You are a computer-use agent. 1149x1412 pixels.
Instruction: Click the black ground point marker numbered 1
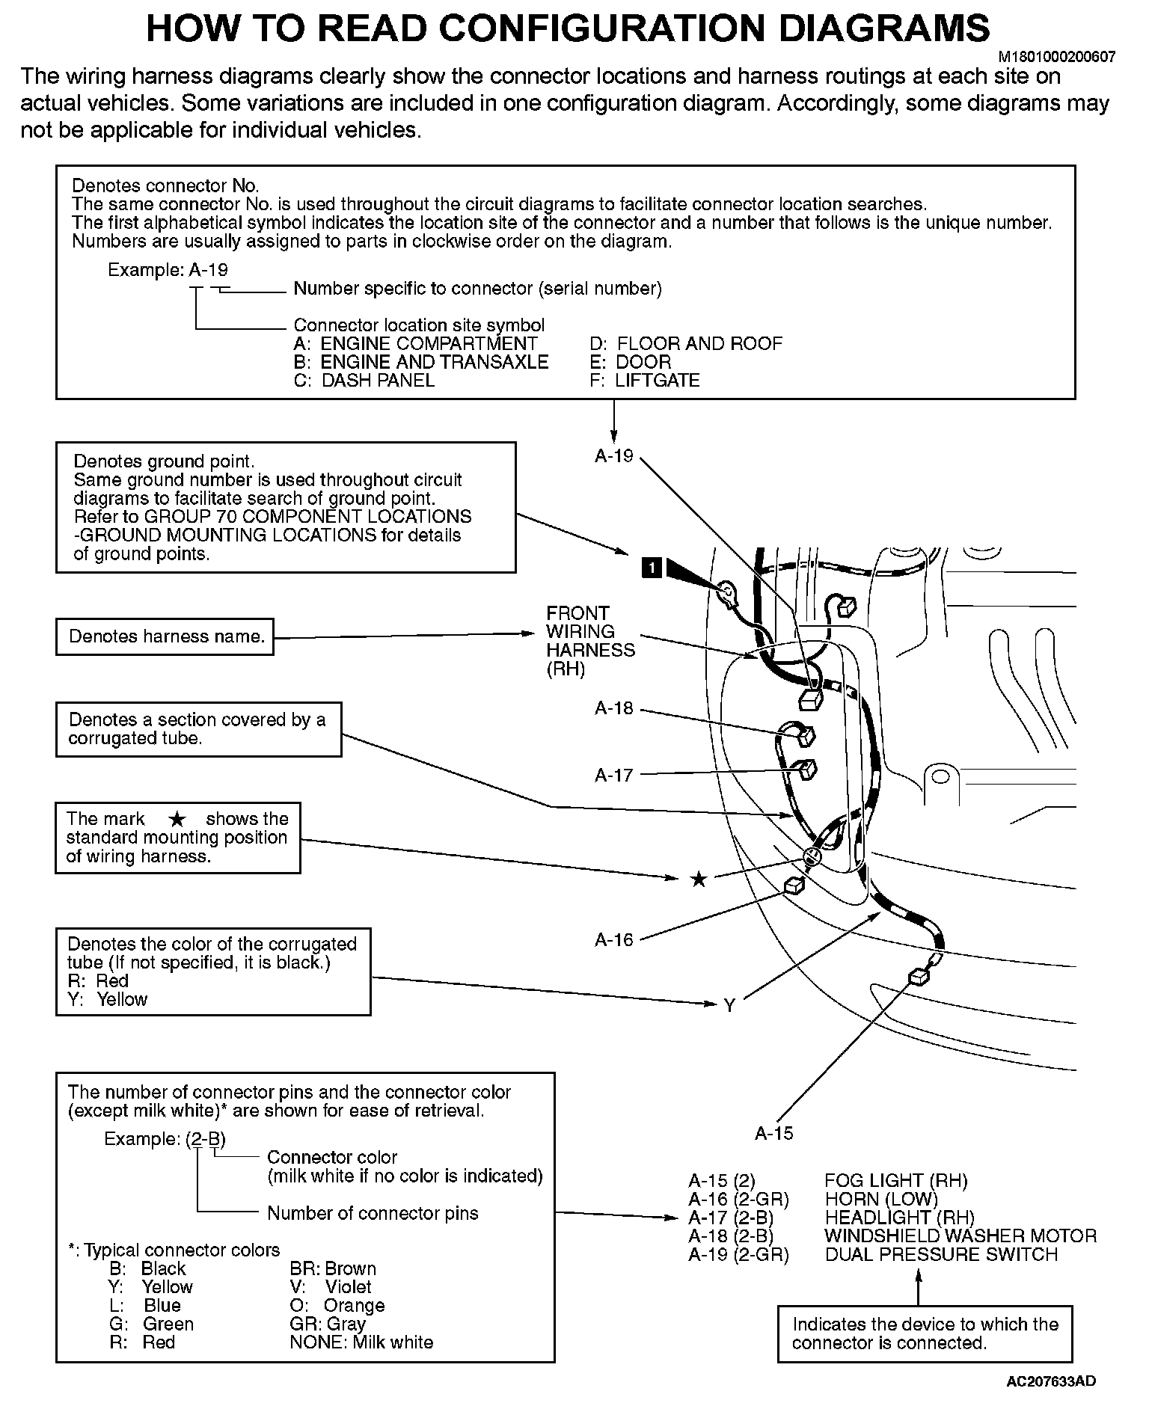click(652, 568)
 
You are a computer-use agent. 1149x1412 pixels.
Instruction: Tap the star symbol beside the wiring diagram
click(699, 880)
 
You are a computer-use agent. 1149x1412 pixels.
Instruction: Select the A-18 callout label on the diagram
click(614, 708)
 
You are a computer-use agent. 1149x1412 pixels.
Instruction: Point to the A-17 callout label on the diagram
click(614, 776)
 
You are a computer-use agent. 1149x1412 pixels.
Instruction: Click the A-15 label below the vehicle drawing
click(774, 1133)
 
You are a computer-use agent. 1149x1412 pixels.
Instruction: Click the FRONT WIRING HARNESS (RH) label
click(589, 641)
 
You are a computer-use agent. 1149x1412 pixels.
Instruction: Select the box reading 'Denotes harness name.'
click(165, 637)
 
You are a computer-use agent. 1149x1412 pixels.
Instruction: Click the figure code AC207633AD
click(1051, 1381)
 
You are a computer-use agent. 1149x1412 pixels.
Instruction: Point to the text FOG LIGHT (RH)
click(895, 1181)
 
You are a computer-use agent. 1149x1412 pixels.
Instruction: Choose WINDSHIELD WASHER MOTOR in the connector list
click(960, 1236)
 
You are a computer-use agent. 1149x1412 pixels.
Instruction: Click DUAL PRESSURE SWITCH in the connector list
click(941, 1255)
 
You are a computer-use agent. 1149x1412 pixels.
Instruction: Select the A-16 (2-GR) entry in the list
click(738, 1200)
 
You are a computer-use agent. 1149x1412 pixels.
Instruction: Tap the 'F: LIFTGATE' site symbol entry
click(645, 381)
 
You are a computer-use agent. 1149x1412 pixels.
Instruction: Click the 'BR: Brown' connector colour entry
click(333, 1269)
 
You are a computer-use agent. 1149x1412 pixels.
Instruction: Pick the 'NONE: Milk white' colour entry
click(361, 1342)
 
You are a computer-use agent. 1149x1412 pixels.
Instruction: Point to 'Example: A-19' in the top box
click(168, 270)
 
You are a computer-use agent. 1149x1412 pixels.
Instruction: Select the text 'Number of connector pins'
click(373, 1213)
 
